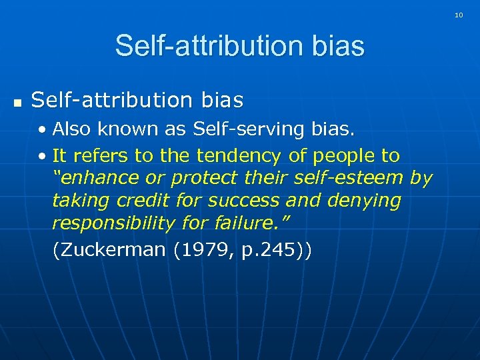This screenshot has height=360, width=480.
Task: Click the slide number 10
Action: (459, 15)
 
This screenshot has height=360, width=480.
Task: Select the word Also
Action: (72, 128)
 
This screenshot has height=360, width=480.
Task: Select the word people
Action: (342, 156)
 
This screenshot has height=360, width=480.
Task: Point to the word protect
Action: (203, 178)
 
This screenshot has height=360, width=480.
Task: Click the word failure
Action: (257, 223)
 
